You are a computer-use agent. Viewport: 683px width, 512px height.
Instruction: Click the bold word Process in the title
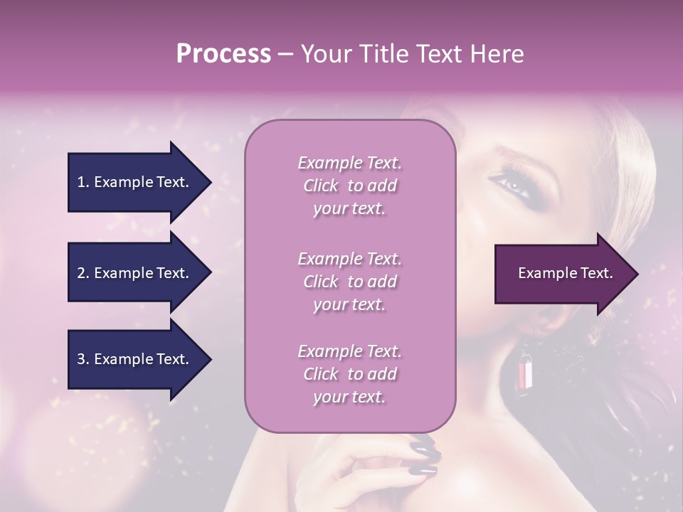point(223,54)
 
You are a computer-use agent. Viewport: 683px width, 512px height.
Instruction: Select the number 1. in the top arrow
point(83,182)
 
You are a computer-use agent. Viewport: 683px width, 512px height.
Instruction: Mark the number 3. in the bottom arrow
point(83,359)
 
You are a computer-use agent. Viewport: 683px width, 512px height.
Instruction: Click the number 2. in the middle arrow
point(83,273)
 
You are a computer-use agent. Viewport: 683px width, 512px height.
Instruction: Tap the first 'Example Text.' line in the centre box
point(349,164)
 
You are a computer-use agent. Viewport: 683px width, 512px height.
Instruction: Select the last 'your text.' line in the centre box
point(349,397)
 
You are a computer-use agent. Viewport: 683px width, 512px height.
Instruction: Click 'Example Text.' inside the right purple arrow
point(565,273)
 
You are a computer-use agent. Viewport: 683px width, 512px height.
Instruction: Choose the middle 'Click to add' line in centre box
point(349,282)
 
